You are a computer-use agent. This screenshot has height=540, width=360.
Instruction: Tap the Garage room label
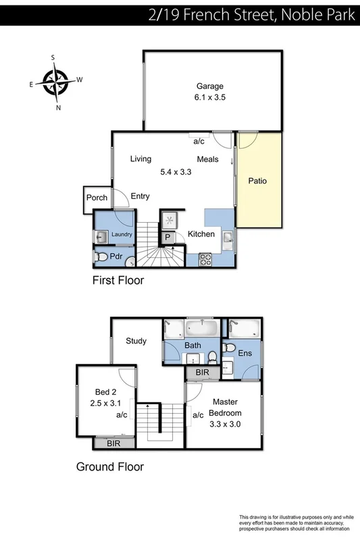pos(209,86)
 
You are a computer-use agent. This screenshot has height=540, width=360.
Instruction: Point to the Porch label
pos(97,198)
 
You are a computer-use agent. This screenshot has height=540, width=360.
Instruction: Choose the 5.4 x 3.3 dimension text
pos(176,172)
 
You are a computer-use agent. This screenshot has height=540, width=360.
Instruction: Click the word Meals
pos(208,159)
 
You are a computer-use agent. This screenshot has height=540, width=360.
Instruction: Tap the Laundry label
pos(122,235)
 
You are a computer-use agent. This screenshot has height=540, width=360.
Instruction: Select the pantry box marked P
pos(167,238)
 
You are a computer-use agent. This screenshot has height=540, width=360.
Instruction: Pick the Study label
pos(136,341)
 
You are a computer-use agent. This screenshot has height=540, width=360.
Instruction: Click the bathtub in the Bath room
pos(202,329)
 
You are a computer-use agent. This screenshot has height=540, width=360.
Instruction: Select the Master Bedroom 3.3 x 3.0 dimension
pos(226,425)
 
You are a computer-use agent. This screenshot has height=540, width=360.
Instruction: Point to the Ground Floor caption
pos(109,466)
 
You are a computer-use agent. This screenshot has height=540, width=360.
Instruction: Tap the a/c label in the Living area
pos(199,142)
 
